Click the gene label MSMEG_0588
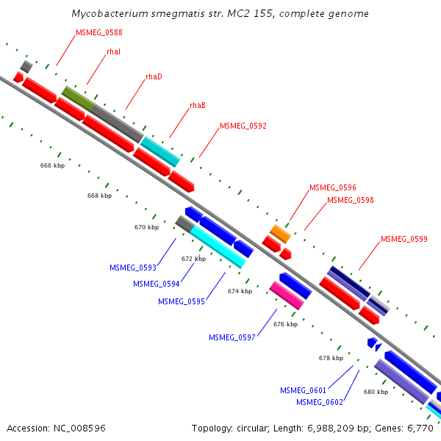point(99,33)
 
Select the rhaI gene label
point(113,52)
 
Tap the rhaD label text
point(154,77)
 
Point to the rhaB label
point(198,105)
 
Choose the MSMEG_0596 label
point(332,188)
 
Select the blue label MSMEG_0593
point(132,268)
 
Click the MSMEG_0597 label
point(232,337)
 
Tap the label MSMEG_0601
point(303,390)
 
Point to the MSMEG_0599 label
point(404,240)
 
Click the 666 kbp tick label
point(52,166)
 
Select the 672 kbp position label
point(193,259)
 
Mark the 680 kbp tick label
point(376,392)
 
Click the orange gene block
point(279,234)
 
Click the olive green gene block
point(76,98)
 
